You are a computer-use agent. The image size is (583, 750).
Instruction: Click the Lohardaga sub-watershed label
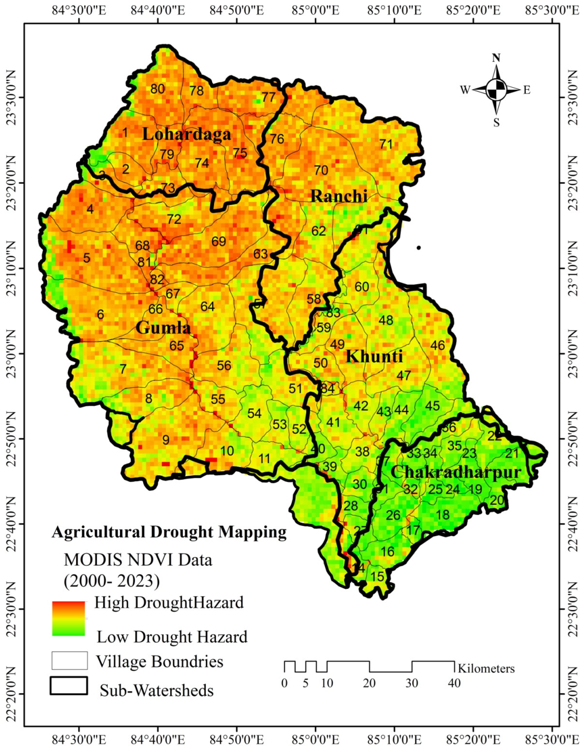point(186,134)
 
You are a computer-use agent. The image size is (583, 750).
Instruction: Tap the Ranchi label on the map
point(339,196)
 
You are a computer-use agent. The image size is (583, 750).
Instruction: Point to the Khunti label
point(374,356)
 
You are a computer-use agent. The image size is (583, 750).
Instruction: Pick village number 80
point(158,89)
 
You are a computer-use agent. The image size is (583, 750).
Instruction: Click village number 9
point(166,440)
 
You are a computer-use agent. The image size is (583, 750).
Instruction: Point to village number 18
point(443,515)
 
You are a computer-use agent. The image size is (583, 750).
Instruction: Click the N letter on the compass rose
point(496,58)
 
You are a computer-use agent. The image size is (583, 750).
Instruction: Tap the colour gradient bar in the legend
point(68,618)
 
